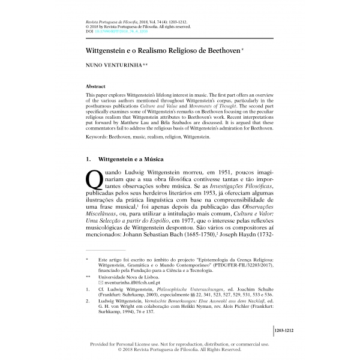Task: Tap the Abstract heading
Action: coord(97,86)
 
